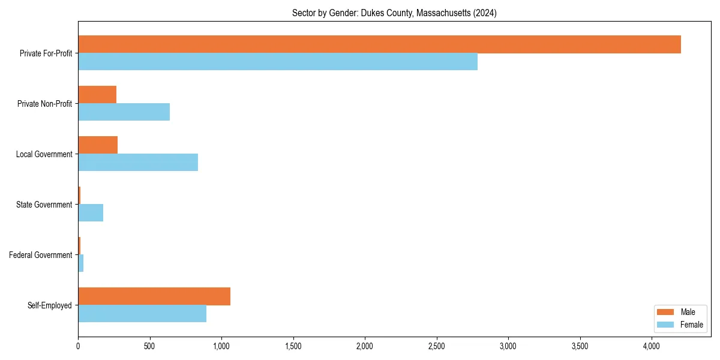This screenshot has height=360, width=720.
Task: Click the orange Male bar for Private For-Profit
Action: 379,44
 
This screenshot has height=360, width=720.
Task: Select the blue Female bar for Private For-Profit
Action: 278,62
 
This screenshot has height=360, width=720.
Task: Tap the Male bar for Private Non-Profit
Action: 97,95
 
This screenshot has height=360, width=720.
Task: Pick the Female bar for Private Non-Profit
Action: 124,112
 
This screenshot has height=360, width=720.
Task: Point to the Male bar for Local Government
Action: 98,145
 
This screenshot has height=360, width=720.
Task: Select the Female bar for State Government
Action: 91,213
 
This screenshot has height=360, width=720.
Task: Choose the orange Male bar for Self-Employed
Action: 154,296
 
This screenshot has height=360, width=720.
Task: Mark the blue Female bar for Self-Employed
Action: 142,314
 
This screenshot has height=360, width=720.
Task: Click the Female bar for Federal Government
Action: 81,263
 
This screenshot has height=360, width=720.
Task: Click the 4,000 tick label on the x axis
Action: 652,346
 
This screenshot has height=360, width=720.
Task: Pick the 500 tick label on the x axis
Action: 149,346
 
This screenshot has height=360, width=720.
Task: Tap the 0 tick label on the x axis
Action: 78,346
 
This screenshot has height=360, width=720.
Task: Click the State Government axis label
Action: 44,205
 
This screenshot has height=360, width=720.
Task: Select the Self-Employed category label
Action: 49,305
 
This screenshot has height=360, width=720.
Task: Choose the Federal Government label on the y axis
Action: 41,255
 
